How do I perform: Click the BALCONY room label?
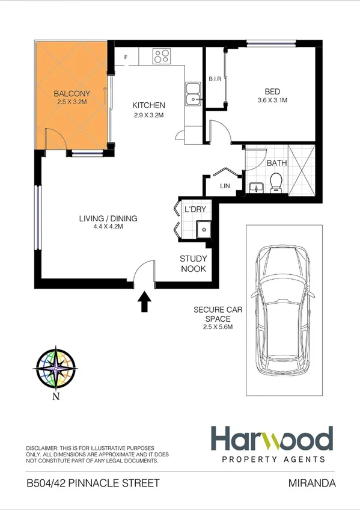(72, 94)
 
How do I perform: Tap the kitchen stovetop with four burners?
(161, 57)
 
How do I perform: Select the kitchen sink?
(193, 94)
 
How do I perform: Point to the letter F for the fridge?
(126, 57)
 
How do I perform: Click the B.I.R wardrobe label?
(216, 79)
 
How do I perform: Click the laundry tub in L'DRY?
(204, 229)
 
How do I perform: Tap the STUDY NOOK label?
(194, 263)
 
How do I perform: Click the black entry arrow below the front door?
(144, 301)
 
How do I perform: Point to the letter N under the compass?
(56, 396)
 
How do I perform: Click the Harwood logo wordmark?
(271, 439)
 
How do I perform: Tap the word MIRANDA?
(311, 483)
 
